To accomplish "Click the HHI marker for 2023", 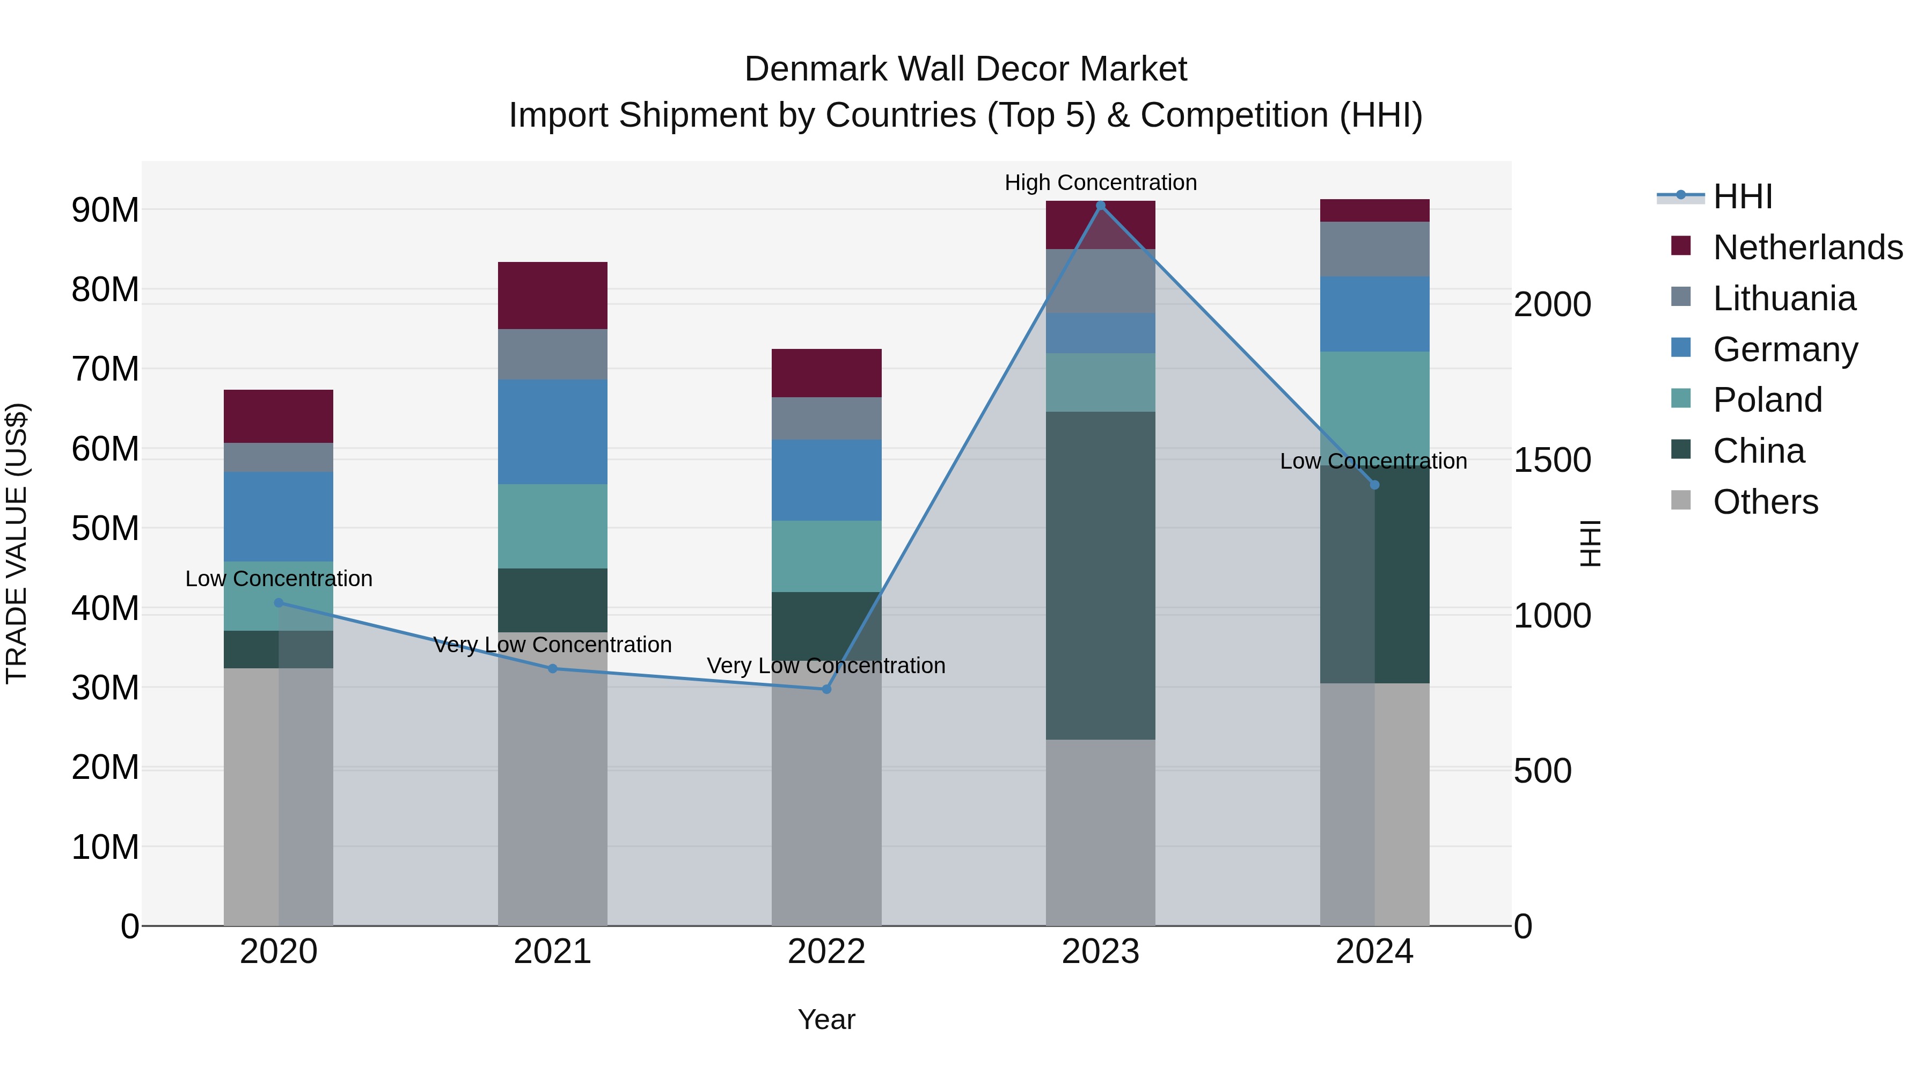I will pyautogui.click(x=1100, y=206).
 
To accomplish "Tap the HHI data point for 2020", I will pyautogui.click(x=278, y=602).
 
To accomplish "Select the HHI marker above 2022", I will pyautogui.click(x=826, y=689).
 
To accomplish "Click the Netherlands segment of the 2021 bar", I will pyautogui.click(x=552, y=296).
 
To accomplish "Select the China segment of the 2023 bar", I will pyautogui.click(x=1100, y=575).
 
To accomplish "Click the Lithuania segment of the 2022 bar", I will pyautogui.click(x=826, y=419).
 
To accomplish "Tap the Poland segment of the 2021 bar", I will pyautogui.click(x=552, y=526).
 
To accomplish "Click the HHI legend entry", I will pyautogui.click(x=1742, y=196).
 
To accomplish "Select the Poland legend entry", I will pyautogui.click(x=1767, y=400).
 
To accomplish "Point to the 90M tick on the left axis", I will pyautogui.click(x=105, y=210).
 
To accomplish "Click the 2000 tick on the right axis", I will pyautogui.click(x=1552, y=304).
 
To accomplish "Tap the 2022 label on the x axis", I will pyautogui.click(x=826, y=952).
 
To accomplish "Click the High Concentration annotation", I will pyautogui.click(x=1100, y=183).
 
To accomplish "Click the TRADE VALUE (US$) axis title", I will pyautogui.click(x=17, y=543).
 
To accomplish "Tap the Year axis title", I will pyautogui.click(x=826, y=1019).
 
